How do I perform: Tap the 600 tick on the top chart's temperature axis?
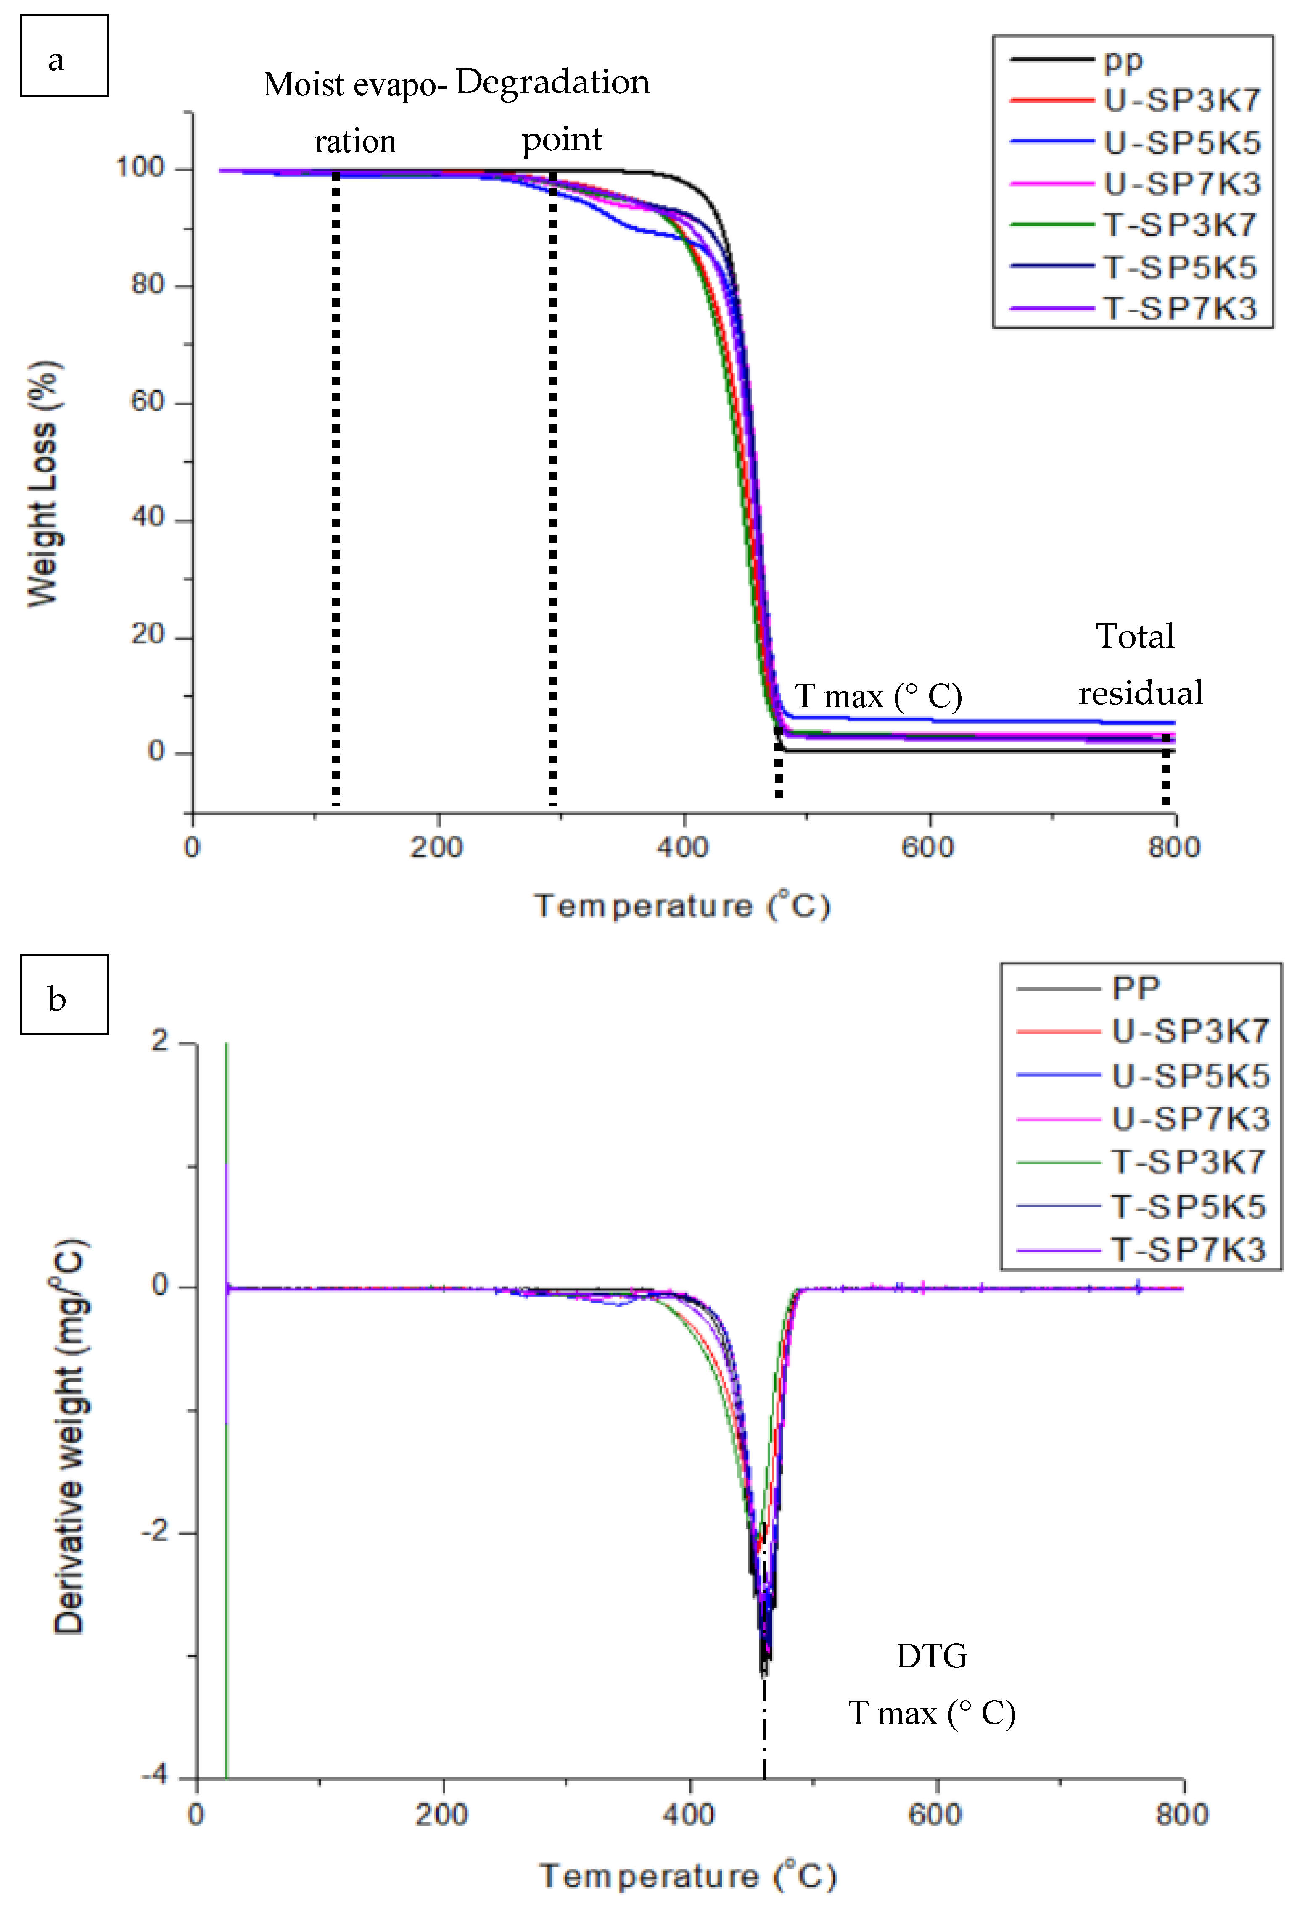pos(928,847)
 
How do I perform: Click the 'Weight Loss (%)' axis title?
pos(43,484)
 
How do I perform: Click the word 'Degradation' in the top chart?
pos(552,82)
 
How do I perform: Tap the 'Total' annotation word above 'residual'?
pos(1134,636)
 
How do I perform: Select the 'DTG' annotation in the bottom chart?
pos(931,1656)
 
